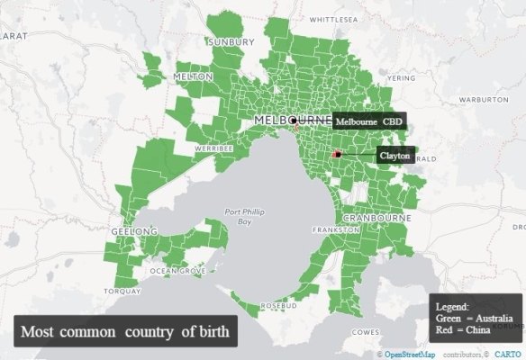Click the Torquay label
(122, 292)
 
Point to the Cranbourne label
(376, 218)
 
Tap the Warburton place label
(484, 99)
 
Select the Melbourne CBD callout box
(369, 121)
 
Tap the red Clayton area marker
(336, 155)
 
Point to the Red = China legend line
(462, 330)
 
